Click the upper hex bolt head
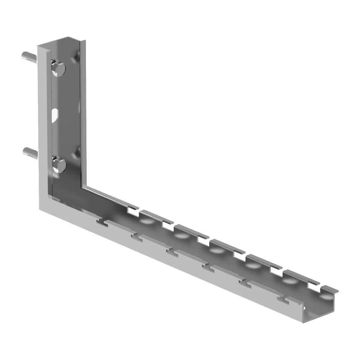[x=58, y=69]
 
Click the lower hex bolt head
[x=58, y=165]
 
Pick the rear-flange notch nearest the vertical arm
[x=133, y=208]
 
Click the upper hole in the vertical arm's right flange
[x=78, y=58]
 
